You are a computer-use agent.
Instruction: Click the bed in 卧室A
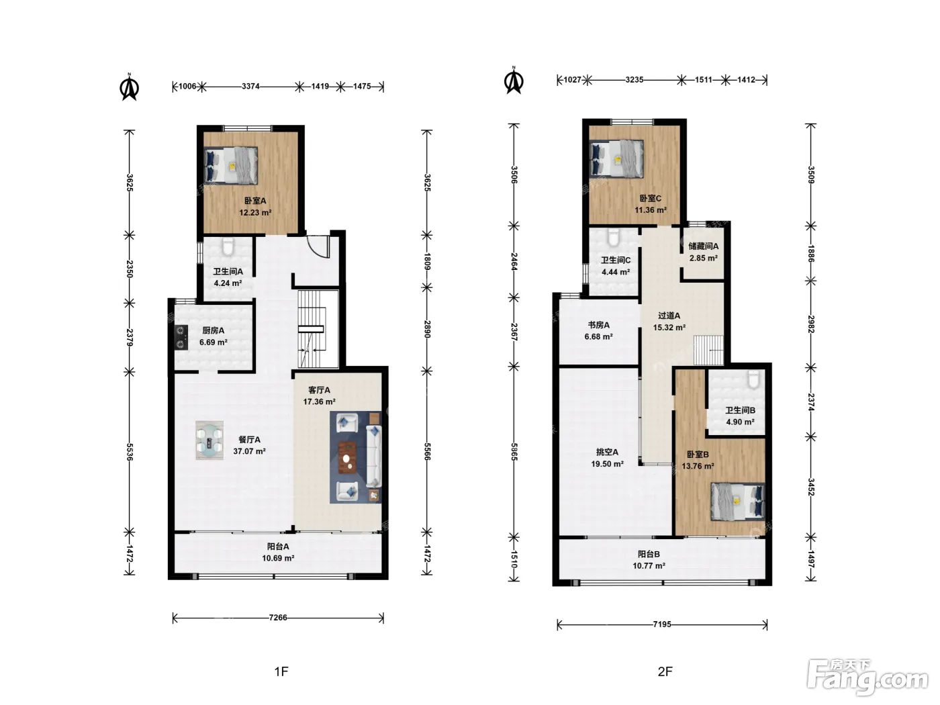231,165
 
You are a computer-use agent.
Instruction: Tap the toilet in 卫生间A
228,246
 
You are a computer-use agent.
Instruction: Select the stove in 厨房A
181,337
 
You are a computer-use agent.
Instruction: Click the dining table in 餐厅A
209,440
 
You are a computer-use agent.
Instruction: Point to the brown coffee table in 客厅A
348,457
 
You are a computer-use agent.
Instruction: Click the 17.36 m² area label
319,402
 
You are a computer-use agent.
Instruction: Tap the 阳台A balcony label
278,546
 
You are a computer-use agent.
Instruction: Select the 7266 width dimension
278,617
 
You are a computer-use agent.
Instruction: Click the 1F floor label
281,671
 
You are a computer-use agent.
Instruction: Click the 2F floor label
665,671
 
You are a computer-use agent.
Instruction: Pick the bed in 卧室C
616,159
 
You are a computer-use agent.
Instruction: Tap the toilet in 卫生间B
753,379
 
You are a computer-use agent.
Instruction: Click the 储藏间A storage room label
703,246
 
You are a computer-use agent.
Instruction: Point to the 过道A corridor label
669,316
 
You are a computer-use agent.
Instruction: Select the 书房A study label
598,325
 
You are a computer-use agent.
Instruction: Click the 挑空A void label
607,452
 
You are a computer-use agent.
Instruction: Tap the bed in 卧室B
738,502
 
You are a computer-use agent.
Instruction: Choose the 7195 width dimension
662,624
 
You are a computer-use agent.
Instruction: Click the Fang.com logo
867,676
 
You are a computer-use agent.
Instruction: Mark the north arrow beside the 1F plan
129,87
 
